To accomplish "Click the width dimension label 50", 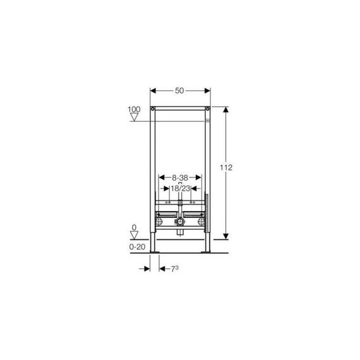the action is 179,91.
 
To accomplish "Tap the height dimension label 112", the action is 226,167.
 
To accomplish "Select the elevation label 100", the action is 134,109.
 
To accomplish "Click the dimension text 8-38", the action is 180,177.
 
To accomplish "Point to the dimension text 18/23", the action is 181,188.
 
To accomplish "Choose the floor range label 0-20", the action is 137,247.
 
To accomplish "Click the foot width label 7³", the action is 175,268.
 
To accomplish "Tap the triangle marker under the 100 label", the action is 134,117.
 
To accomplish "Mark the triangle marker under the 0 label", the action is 134,235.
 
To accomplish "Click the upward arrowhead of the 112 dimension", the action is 226,109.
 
